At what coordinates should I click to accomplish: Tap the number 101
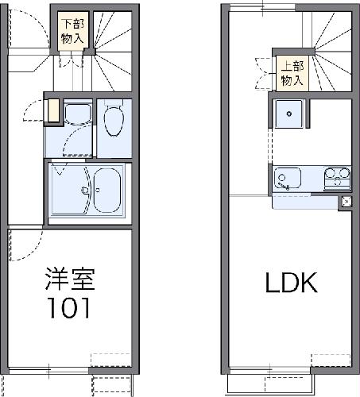pos(70,307)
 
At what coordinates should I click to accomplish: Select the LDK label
pos(291,282)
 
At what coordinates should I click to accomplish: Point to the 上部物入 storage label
pos(292,73)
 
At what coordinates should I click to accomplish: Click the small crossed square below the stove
pos(346,202)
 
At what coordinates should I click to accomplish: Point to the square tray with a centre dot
pos(288,115)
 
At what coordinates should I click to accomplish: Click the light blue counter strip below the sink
pos(304,202)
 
